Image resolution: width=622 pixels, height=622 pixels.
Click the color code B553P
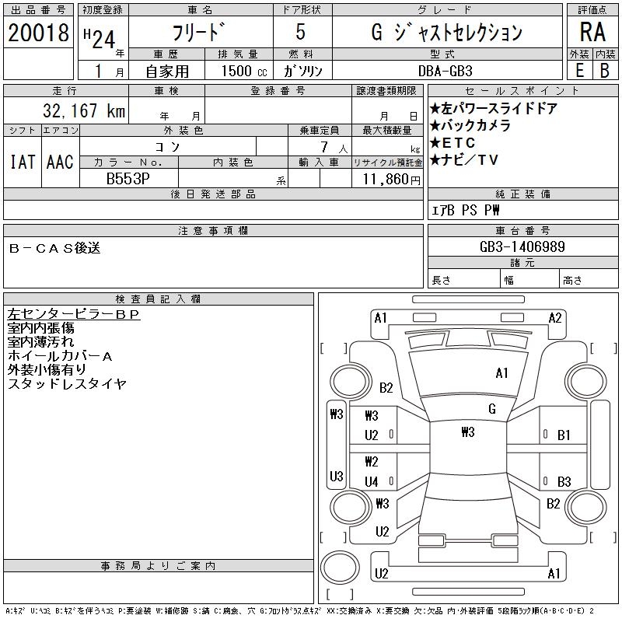pyautogui.click(x=128, y=179)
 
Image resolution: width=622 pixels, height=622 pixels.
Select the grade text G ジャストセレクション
pyautogui.click(x=447, y=33)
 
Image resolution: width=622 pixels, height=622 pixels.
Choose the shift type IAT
pyautogui.click(x=22, y=162)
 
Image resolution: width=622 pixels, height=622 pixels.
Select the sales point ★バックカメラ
pyautogui.click(x=470, y=126)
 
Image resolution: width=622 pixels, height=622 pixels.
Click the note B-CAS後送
pyautogui.click(x=54, y=249)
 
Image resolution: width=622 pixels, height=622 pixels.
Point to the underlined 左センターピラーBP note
pyautogui.click(x=73, y=314)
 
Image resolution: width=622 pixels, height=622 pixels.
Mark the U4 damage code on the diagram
pyautogui.click(x=372, y=481)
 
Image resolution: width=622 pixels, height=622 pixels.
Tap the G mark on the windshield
pyautogui.click(x=492, y=409)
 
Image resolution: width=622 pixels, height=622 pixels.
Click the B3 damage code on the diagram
pyautogui.click(x=564, y=481)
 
